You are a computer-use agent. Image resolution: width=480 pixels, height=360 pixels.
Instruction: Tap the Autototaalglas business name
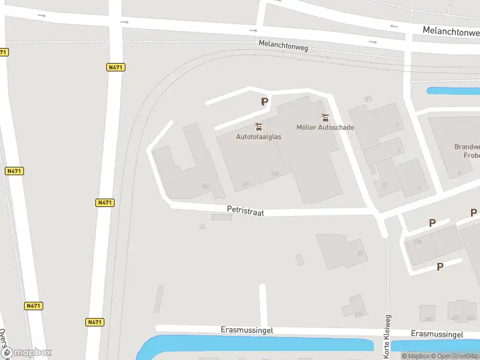[x=259, y=137]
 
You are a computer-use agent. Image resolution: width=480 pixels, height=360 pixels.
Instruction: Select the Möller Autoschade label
[x=325, y=127]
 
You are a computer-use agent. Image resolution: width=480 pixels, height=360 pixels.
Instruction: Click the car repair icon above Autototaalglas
[x=259, y=127]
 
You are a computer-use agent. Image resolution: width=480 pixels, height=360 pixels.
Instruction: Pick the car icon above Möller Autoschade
[x=325, y=117]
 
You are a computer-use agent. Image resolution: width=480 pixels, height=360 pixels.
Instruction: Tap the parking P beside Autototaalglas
[x=264, y=102]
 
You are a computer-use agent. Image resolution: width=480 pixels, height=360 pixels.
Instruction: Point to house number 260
[x=205, y=187]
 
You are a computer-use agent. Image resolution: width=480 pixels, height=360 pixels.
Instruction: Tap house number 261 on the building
[x=245, y=184]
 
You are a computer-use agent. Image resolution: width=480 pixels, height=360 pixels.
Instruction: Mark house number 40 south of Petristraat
[x=361, y=253]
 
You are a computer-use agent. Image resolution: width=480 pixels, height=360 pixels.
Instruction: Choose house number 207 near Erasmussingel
[x=455, y=317]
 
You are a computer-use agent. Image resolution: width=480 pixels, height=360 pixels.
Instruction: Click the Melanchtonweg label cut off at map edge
[x=450, y=29]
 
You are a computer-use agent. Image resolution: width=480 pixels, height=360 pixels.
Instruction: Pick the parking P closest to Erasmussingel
[x=440, y=266]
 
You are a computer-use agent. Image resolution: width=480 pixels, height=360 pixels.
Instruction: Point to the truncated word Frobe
[x=472, y=155]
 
